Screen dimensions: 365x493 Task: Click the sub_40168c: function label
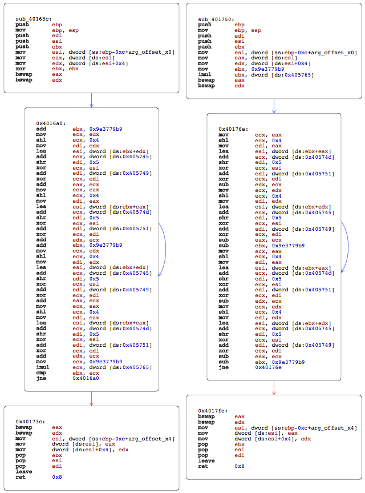coord(34,19)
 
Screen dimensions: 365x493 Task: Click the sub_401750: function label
coord(216,19)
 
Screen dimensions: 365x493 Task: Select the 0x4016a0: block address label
coord(51,123)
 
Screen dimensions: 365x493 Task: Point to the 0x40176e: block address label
coord(233,129)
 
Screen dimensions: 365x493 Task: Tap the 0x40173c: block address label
coord(30,422)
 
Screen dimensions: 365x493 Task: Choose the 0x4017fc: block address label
coord(213,411)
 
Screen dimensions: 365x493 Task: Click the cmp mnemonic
coord(41,373)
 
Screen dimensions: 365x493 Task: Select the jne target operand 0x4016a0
coord(86,378)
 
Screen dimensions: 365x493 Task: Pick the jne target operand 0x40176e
coord(269,367)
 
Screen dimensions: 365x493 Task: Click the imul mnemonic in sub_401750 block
coord(205,74)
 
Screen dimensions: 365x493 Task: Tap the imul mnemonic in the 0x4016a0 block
coord(42,367)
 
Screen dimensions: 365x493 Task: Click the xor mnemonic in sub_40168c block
coord(21,69)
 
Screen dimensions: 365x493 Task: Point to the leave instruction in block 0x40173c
coord(24,472)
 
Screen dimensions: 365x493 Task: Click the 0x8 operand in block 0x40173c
coord(57,477)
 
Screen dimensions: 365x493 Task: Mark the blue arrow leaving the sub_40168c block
coord(91,101)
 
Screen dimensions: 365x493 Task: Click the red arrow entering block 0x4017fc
coord(274,388)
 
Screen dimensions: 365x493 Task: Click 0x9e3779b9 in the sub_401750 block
coord(267,69)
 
